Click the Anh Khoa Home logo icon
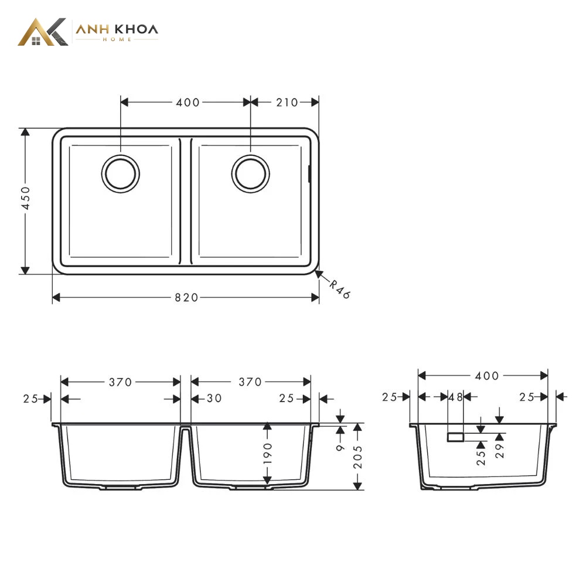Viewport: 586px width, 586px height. click(43, 32)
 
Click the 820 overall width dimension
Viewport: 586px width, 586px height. click(186, 298)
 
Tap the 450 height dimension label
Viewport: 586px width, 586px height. click(25, 198)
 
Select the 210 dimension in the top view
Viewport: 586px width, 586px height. click(287, 103)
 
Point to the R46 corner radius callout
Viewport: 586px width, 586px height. click(340, 289)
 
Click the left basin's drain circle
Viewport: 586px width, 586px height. click(120, 174)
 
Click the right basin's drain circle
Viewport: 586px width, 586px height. click(250, 174)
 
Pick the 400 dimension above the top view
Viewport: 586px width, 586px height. click(188, 103)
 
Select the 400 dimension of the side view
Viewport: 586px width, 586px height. click(486, 376)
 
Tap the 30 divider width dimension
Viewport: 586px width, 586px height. click(214, 398)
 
